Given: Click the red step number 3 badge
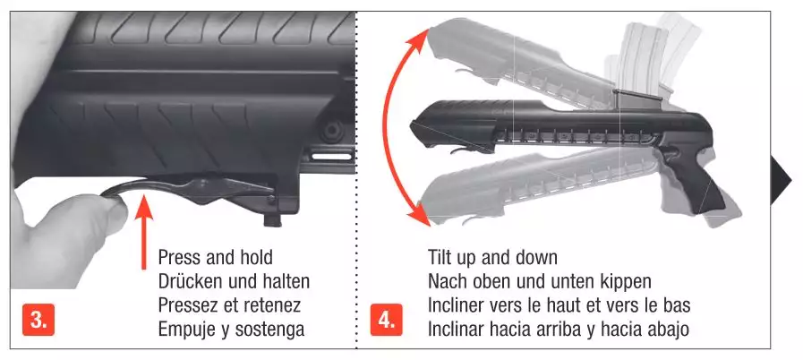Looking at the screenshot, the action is pyautogui.click(x=38, y=320).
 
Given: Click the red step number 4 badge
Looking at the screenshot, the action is pyautogui.click(x=386, y=320).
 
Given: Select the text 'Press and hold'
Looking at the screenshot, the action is pyautogui.click(x=215, y=257).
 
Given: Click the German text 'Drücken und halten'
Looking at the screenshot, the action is pyautogui.click(x=234, y=281).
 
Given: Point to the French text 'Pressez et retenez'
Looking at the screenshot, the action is pyautogui.click(x=229, y=305).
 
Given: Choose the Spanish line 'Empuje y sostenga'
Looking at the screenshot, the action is pyautogui.click(x=232, y=330).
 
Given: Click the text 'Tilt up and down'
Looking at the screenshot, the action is pyautogui.click(x=492, y=257).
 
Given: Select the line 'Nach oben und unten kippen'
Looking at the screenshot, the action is pyautogui.click(x=539, y=281).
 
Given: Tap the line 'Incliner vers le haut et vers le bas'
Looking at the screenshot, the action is pyautogui.click(x=560, y=305).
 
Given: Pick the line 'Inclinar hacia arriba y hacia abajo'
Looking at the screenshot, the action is pyautogui.click(x=559, y=330).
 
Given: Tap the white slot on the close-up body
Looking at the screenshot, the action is pyautogui.click(x=333, y=156).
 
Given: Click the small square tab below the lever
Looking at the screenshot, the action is pyautogui.click(x=275, y=220).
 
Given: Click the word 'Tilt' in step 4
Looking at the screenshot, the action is pyautogui.click(x=440, y=257).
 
